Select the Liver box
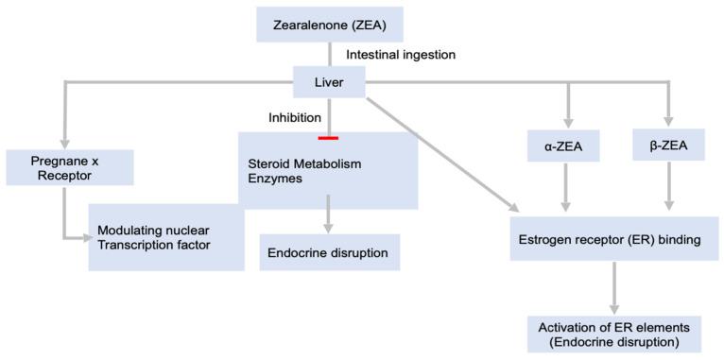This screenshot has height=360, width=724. pyautogui.click(x=328, y=83)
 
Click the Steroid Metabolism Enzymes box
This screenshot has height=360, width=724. pyautogui.click(x=327, y=170)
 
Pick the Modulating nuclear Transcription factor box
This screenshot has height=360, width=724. pyautogui.click(x=165, y=238)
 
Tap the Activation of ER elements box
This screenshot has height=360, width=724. pyautogui.click(x=614, y=334)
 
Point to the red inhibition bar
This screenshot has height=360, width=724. pyautogui.click(x=328, y=138)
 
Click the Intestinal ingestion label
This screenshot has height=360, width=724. pyautogui.click(x=401, y=55)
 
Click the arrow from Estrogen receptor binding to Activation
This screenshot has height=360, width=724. pyautogui.click(x=614, y=287)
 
